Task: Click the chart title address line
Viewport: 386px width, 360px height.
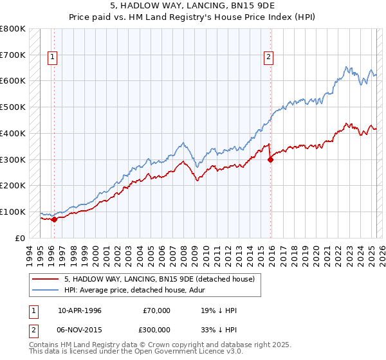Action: click(x=192, y=5)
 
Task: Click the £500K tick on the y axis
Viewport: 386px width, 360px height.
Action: click(x=13, y=107)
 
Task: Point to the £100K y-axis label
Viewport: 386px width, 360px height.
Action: click(x=13, y=212)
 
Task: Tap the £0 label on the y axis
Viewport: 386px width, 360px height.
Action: click(x=19, y=238)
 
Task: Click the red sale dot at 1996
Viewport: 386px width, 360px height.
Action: click(x=54, y=219)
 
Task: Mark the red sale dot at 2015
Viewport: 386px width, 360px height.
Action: click(x=270, y=159)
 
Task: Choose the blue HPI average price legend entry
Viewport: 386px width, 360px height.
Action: click(x=141, y=290)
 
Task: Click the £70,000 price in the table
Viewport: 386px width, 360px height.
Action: click(x=156, y=310)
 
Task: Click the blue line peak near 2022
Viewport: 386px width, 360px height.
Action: click(x=347, y=67)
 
